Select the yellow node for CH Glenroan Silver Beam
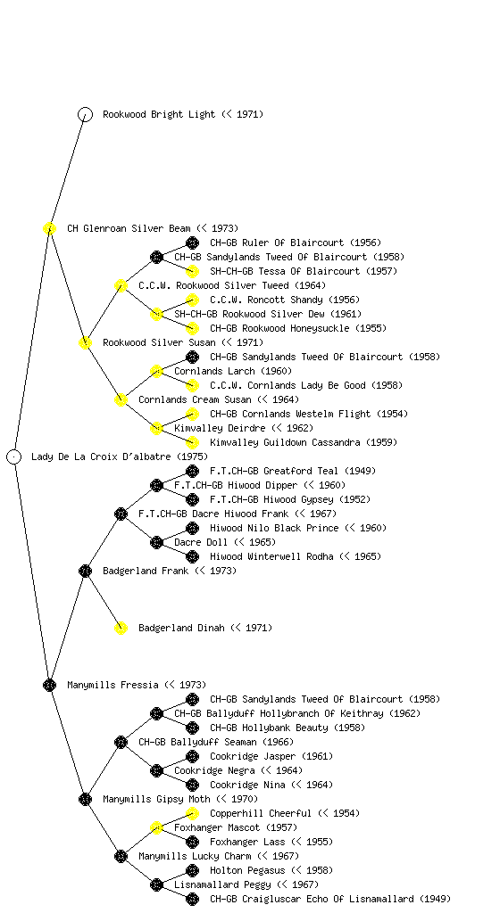pos(49,228)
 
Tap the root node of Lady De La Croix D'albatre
pos(14,456)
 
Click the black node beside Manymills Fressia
pos(49,685)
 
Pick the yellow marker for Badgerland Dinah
pos(121,628)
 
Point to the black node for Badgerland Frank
pos(85,571)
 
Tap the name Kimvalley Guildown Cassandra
pos(285,442)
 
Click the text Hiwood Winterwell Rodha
pos(271,556)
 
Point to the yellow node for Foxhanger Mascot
pos(156,827)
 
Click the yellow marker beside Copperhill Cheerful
pos(192,813)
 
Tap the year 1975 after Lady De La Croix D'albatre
pos(192,456)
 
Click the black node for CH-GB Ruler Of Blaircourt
pos(192,243)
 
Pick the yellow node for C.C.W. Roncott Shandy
pos(192,300)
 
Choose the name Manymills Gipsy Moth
pos(157,799)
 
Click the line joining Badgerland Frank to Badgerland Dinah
pos(104,599)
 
